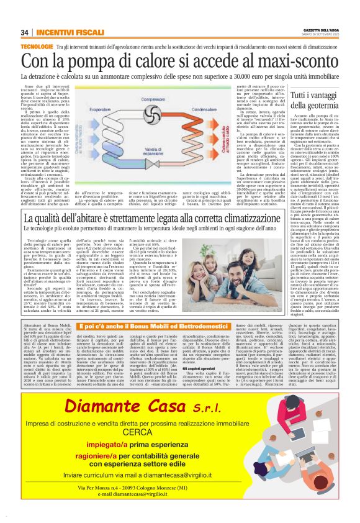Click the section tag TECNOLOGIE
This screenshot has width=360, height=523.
click(36, 47)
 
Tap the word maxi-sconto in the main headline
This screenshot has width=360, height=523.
click(294, 61)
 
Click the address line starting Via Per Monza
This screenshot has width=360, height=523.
click(179, 504)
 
